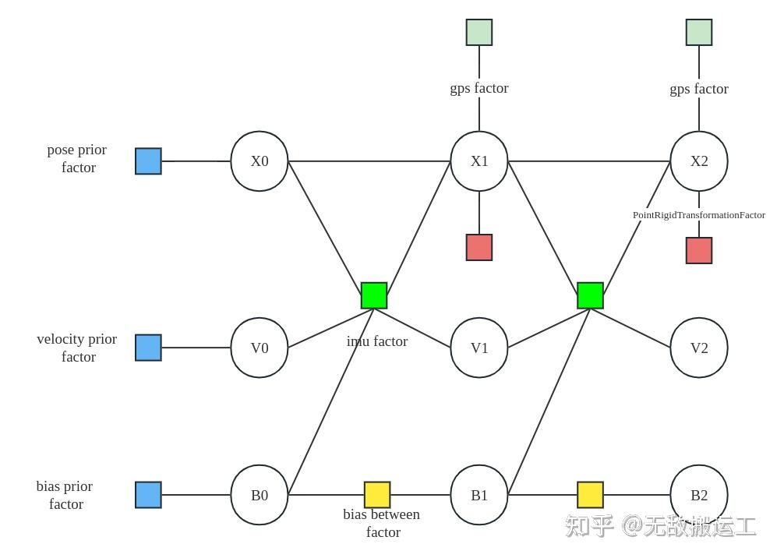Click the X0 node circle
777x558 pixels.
click(260, 161)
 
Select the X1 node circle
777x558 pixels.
click(479, 161)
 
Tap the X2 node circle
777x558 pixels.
click(699, 161)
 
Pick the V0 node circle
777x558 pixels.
click(260, 348)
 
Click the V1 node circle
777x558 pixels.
click(479, 348)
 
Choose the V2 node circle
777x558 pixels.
click(699, 348)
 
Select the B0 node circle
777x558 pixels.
click(260, 495)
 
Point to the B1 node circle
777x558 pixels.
click(479, 495)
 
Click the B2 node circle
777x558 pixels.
click(699, 495)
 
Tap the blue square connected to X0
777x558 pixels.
click(148, 161)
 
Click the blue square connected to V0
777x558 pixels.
click(148, 348)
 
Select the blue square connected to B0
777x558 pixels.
click(148, 495)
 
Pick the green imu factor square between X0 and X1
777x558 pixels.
click(374, 295)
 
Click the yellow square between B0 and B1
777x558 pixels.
click(377, 495)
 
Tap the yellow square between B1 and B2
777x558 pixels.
click(590, 495)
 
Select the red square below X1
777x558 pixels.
click(479, 247)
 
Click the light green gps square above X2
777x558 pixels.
click(699, 33)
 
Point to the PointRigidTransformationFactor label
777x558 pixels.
click(698, 215)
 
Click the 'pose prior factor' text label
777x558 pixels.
click(77, 158)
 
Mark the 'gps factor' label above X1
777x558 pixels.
click(479, 88)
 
